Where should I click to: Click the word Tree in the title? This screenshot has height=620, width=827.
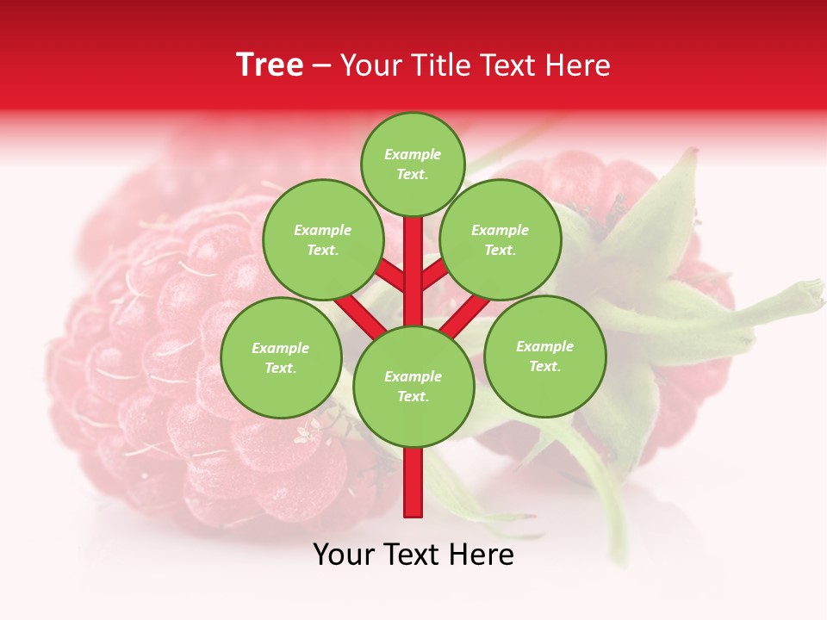(x=270, y=65)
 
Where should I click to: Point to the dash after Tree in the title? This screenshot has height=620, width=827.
(x=321, y=66)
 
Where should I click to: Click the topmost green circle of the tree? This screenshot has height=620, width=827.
(x=413, y=164)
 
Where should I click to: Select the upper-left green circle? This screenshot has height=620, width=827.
(x=323, y=239)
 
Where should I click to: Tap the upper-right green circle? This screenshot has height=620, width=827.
(x=501, y=239)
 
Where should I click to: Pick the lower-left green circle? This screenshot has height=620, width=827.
(x=281, y=357)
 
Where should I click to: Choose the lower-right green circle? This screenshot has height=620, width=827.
(x=544, y=356)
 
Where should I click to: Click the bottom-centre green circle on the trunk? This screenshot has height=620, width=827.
(x=413, y=386)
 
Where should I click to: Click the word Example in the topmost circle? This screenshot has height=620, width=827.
(x=413, y=154)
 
